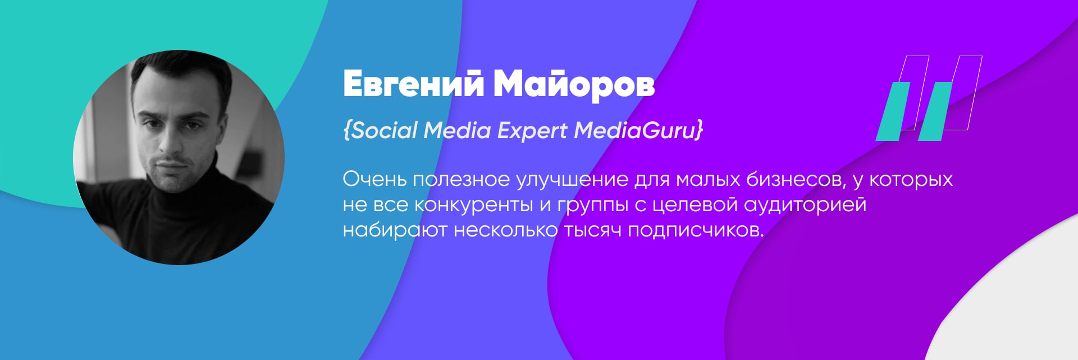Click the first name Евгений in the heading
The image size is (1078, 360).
[x=413, y=85]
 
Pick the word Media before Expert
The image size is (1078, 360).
[x=457, y=130]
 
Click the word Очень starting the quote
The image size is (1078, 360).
[x=374, y=179]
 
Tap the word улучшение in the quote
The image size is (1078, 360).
[x=572, y=180]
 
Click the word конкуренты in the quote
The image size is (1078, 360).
[x=474, y=205]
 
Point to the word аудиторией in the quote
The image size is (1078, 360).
[x=805, y=204]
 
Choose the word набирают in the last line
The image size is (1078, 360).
[x=395, y=230]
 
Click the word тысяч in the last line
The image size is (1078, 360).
[x=592, y=231]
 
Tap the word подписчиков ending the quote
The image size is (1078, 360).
[x=696, y=231]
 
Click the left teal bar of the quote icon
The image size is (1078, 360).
[x=893, y=111]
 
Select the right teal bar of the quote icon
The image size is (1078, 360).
[x=935, y=111]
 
